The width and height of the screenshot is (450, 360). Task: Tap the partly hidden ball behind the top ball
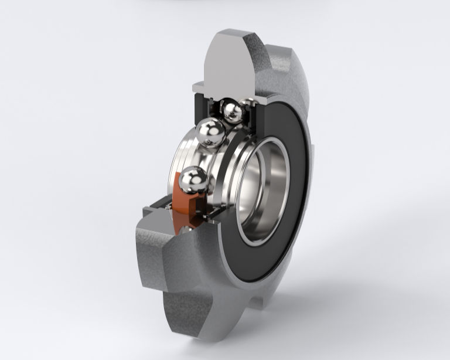coord(248,106)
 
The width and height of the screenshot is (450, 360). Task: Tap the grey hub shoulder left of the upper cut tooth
coord(199,88)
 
